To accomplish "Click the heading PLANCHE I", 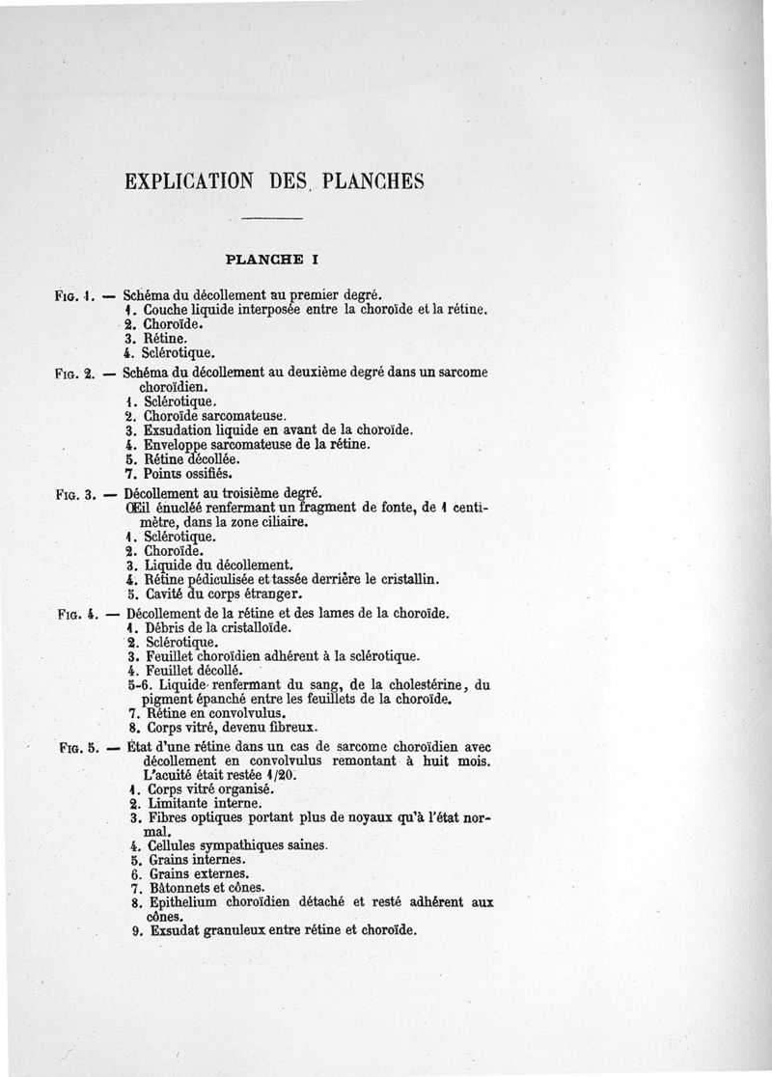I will click(271, 259).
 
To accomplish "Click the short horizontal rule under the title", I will click(271, 221).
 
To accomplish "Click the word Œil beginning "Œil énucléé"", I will click(139, 509).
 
